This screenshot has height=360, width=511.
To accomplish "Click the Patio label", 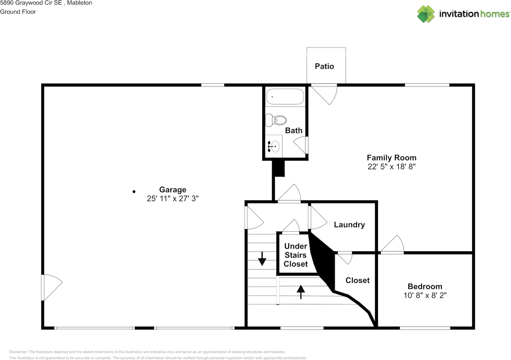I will coord(324,66).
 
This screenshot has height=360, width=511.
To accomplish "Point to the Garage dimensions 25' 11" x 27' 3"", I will coord(172,198).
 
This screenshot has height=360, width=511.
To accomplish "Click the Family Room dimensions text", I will coord(392,167).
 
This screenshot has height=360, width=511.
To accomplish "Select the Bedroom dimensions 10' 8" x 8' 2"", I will coord(425,295).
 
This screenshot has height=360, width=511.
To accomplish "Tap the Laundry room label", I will coord(349,225).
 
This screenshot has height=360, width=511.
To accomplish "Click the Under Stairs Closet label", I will coord(295,255).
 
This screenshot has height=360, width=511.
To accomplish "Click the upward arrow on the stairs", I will coord(300,292).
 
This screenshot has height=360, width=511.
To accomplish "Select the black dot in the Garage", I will coord(134,192).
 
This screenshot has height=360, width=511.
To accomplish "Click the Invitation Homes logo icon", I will coord(426,14).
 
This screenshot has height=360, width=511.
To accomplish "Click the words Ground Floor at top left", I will coord(18,12).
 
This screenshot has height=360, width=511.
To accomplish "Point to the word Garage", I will coord(172,190).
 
